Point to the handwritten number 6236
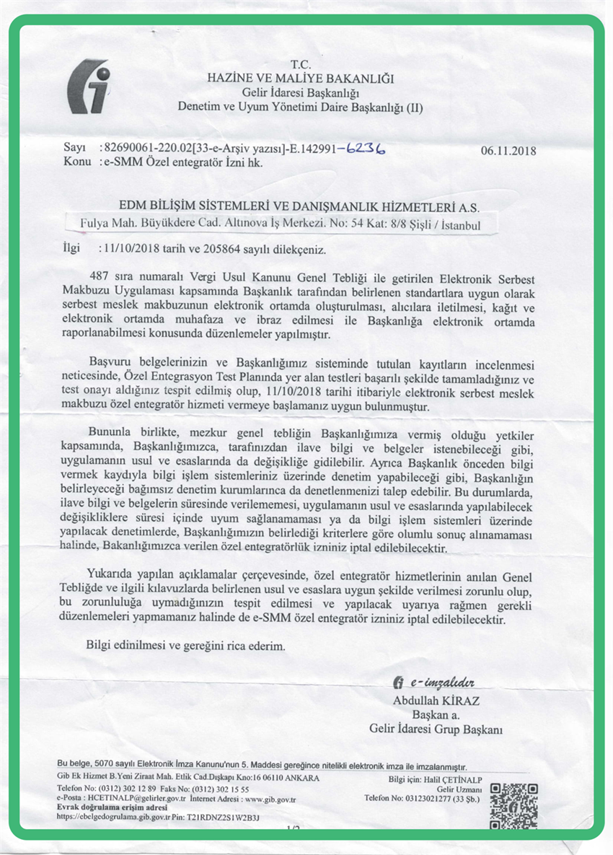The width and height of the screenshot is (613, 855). (365, 149)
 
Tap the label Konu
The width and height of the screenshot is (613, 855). (76, 162)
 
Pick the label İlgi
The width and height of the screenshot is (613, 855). (74, 250)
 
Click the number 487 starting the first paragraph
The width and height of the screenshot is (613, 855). (97, 277)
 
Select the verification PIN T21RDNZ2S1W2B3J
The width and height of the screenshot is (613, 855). (223, 817)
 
